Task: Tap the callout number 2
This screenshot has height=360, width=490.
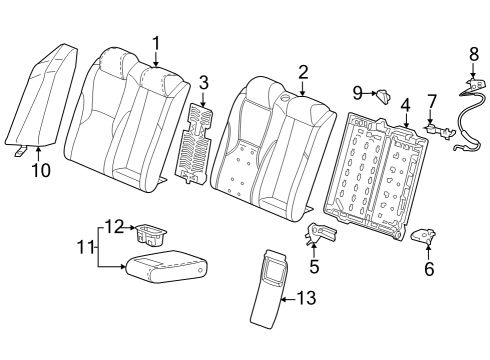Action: coord(303,72)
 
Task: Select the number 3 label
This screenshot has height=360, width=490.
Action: coord(204,83)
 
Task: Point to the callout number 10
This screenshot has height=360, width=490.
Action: coord(41,170)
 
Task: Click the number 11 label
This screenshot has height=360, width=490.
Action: coord(86,247)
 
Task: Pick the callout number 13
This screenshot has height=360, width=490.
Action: coord(306,298)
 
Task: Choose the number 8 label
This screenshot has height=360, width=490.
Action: coord(474,54)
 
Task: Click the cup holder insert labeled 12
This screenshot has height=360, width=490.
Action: coord(152,235)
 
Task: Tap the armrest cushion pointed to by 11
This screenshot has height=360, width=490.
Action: coord(166,267)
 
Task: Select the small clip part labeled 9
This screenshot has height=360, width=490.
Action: coord(384,97)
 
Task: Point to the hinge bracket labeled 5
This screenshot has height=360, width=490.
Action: coord(320,232)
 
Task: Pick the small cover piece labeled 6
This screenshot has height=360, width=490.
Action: coord(423,236)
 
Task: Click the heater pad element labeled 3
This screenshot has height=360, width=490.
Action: coord(195,143)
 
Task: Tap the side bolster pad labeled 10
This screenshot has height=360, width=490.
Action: coord(42,97)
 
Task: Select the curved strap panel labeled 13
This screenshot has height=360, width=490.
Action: coord(269,288)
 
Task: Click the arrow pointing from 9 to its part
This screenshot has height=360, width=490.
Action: coord(369,94)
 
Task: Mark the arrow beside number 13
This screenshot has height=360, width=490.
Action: coord(288,300)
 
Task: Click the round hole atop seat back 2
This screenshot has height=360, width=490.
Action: coord(287,98)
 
